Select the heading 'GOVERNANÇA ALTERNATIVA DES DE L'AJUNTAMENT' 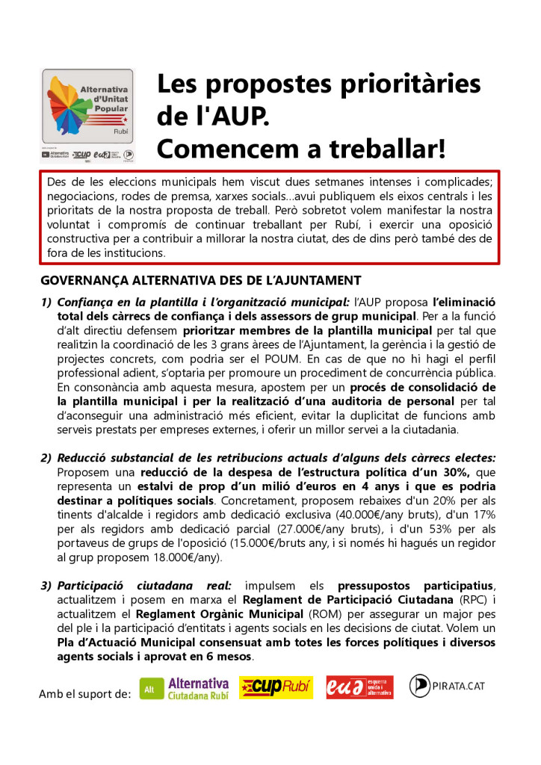(201, 281)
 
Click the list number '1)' (46, 302)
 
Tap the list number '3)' (46, 586)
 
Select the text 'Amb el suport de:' (84, 694)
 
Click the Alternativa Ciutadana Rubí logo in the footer (185, 688)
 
